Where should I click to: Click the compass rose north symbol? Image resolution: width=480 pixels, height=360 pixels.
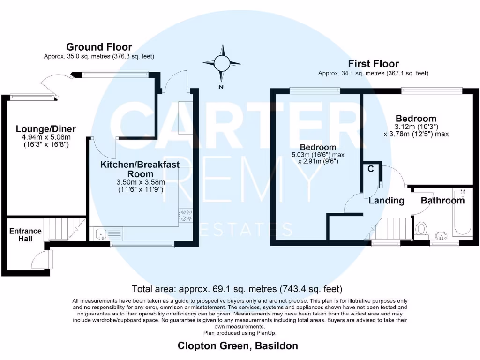point(222,62)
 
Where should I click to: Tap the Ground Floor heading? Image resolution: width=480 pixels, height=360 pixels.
point(99,47)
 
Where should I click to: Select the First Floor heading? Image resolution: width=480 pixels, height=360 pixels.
point(373,64)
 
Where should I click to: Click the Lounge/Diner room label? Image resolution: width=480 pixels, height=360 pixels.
point(45,129)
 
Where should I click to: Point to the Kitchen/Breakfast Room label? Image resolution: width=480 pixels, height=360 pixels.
point(133,169)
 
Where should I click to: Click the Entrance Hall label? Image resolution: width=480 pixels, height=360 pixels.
point(25,235)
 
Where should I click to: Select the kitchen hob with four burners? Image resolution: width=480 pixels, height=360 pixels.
point(186,215)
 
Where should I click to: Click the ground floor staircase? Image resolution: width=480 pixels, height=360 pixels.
point(65,229)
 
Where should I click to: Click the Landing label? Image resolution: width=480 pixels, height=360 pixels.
point(386,201)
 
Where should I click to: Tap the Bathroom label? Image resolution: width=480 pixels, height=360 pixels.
point(442,201)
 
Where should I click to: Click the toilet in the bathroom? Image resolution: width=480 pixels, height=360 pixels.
point(421,229)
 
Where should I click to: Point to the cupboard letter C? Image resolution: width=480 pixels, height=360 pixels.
point(370,169)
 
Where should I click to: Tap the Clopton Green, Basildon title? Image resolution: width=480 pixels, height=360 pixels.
point(238,346)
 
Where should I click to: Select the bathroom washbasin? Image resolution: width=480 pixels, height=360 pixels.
point(441,234)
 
